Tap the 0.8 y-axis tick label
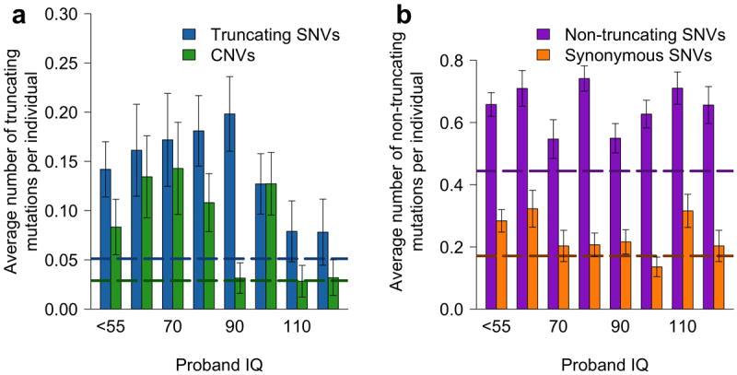pos(465,61)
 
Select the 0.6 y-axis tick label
pos(465,123)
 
